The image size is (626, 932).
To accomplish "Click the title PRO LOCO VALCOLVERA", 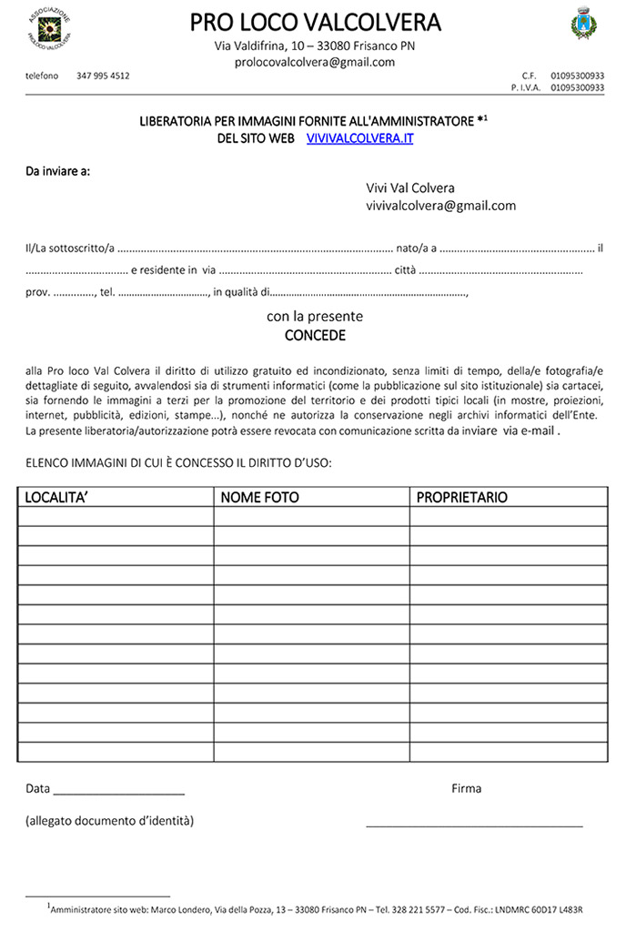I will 315,22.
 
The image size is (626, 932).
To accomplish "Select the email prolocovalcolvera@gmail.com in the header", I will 315,63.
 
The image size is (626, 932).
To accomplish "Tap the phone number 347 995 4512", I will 103,76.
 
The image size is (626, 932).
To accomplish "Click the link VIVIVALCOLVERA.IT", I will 360,137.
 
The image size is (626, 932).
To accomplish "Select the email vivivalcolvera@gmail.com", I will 440,206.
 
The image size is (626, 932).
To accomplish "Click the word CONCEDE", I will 315,335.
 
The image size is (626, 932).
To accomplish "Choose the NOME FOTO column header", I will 259,498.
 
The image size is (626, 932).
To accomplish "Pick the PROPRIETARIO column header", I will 462,498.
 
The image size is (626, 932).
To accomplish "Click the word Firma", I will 466,788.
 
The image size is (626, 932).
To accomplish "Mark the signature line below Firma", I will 474,826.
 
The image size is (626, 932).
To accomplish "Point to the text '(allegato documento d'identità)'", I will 109,821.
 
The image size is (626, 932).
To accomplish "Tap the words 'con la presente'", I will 315,317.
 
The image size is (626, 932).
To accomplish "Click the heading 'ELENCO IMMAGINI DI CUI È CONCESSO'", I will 178,463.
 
